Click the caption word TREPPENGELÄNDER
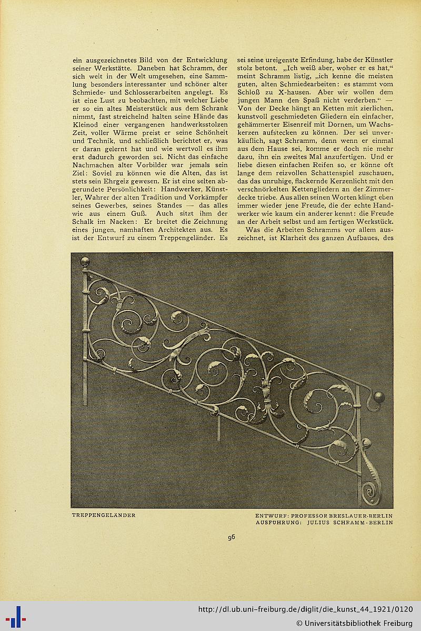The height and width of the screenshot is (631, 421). coord(104,515)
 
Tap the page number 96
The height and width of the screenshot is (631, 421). coord(231,537)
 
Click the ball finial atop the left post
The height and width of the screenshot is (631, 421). coord(85,261)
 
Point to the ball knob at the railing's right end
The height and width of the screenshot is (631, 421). coord(379,397)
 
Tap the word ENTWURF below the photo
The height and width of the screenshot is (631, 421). coord(272,515)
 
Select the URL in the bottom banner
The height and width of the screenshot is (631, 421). coord(305,609)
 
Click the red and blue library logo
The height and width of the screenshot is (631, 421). coord(15,616)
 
